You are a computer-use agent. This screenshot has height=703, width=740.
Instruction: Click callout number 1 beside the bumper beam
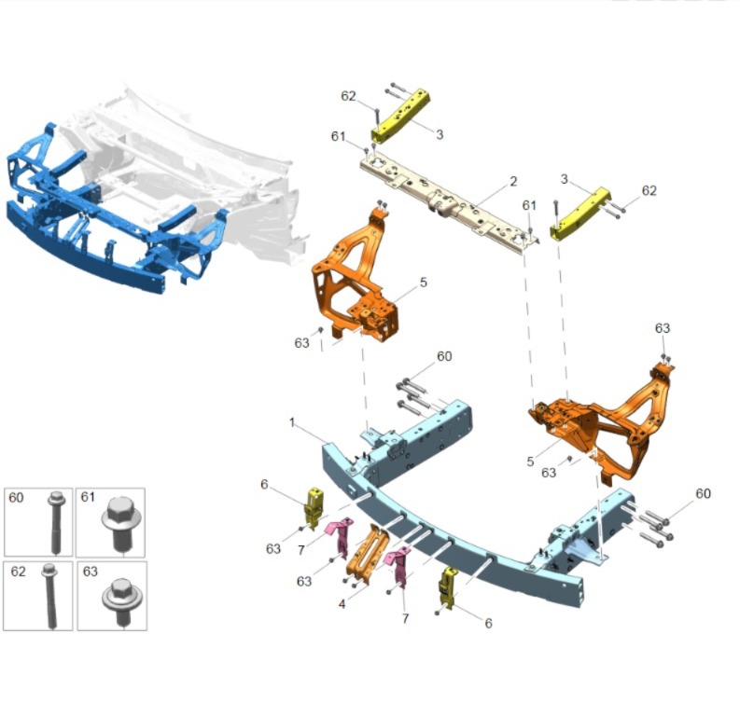click(x=292, y=422)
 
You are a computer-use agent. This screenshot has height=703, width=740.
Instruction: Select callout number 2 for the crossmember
click(x=513, y=181)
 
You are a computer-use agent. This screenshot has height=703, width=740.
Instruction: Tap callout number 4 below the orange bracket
click(x=342, y=603)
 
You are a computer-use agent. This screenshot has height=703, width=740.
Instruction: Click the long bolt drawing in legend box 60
click(x=56, y=522)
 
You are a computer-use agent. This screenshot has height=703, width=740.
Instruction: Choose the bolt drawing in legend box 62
click(x=49, y=596)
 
